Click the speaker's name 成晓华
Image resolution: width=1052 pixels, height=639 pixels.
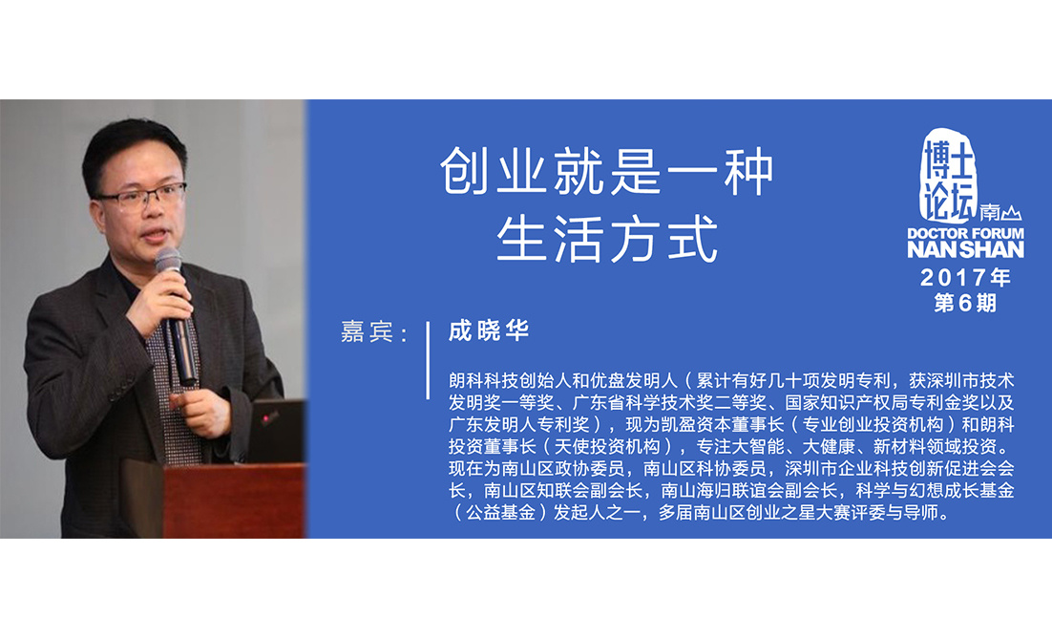pyautogui.click(x=489, y=330)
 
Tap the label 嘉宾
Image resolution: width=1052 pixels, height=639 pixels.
pyautogui.click(x=367, y=331)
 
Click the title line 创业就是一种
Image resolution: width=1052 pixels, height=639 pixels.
pyautogui.click(x=607, y=172)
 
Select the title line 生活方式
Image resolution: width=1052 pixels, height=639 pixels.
pyautogui.click(x=607, y=238)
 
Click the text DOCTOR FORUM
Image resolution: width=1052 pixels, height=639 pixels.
pyautogui.click(x=965, y=233)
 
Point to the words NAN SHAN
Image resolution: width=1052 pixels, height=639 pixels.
pyautogui.click(x=965, y=249)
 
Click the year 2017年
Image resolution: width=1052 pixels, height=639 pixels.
pyautogui.click(x=965, y=277)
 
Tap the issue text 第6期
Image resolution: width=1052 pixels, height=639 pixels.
pyautogui.click(x=965, y=303)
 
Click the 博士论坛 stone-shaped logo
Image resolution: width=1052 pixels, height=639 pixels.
pyautogui.click(x=947, y=176)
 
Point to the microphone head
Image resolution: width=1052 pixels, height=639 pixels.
pyautogui.click(x=168, y=260)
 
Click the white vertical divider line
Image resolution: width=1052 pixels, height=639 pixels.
pyautogui.click(x=428, y=360)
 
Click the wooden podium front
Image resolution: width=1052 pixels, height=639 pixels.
pyautogui.click(x=234, y=502)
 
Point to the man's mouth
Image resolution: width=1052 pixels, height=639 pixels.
pyautogui.click(x=155, y=236)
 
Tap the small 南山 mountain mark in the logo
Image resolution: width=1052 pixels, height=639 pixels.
pyautogui.click(x=1000, y=213)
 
